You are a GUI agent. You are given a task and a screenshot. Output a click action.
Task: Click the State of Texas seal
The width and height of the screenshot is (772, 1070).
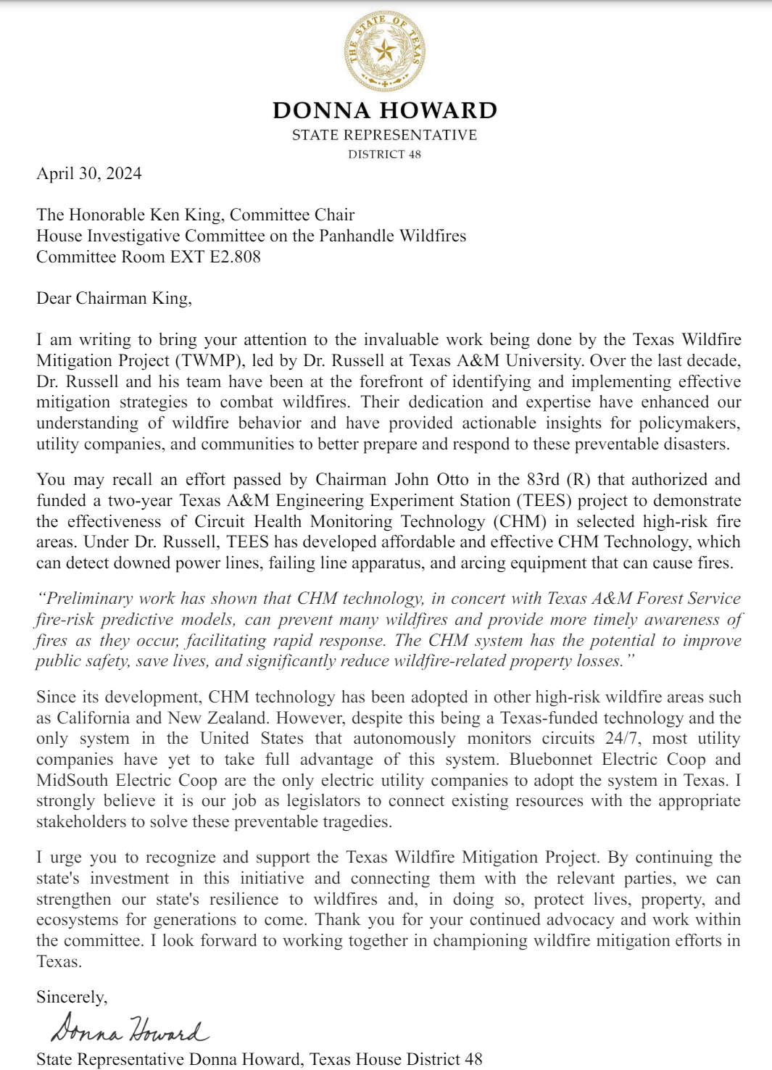coord(385,51)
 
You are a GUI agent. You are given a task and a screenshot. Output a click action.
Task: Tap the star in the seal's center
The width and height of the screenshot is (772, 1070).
coord(385,51)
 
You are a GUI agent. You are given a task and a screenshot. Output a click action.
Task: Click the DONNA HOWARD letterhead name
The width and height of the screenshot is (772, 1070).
coord(385,110)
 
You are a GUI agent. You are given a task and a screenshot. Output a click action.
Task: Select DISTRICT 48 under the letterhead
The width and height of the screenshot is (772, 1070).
coord(384,154)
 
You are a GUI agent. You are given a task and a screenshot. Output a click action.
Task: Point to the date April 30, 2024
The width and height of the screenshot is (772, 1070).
coord(89,173)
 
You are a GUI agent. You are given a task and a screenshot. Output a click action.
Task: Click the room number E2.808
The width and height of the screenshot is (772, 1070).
coord(235,257)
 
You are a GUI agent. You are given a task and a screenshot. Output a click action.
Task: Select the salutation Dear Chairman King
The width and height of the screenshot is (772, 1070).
coord(114,298)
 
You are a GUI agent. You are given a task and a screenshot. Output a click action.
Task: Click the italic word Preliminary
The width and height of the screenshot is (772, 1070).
coord(90,598)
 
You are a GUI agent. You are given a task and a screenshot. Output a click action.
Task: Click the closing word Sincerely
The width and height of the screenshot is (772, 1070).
coord(71,997)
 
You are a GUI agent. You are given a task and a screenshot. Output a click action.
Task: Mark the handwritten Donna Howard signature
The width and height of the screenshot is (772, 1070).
coord(129,1029)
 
